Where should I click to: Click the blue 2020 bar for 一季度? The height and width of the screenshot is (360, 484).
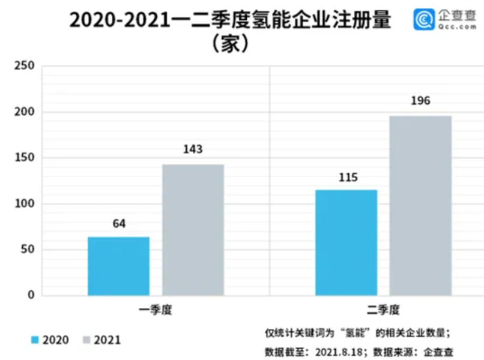tap(118, 266)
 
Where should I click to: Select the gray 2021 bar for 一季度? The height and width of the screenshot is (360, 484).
tap(193, 230)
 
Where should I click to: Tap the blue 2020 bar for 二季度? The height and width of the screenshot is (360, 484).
tap(346, 242)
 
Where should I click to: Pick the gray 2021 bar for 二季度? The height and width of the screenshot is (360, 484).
tap(420, 205)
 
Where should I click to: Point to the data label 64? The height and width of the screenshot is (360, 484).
tap(119, 224)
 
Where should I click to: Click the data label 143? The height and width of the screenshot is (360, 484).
tap(193, 149)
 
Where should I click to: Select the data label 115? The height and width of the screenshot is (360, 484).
tap(346, 178)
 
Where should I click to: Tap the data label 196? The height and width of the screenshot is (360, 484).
tap(420, 101)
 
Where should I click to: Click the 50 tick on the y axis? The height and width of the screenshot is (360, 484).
tap(27, 250)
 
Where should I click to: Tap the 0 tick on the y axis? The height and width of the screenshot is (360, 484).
tap(30, 295)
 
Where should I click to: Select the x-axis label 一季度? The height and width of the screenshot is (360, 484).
tap(155, 310)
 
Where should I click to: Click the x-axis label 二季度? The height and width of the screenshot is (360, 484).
tap(383, 310)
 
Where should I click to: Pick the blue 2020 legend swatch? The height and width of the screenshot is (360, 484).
tap(35, 340)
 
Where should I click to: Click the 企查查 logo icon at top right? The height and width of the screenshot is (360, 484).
tap(424, 20)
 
